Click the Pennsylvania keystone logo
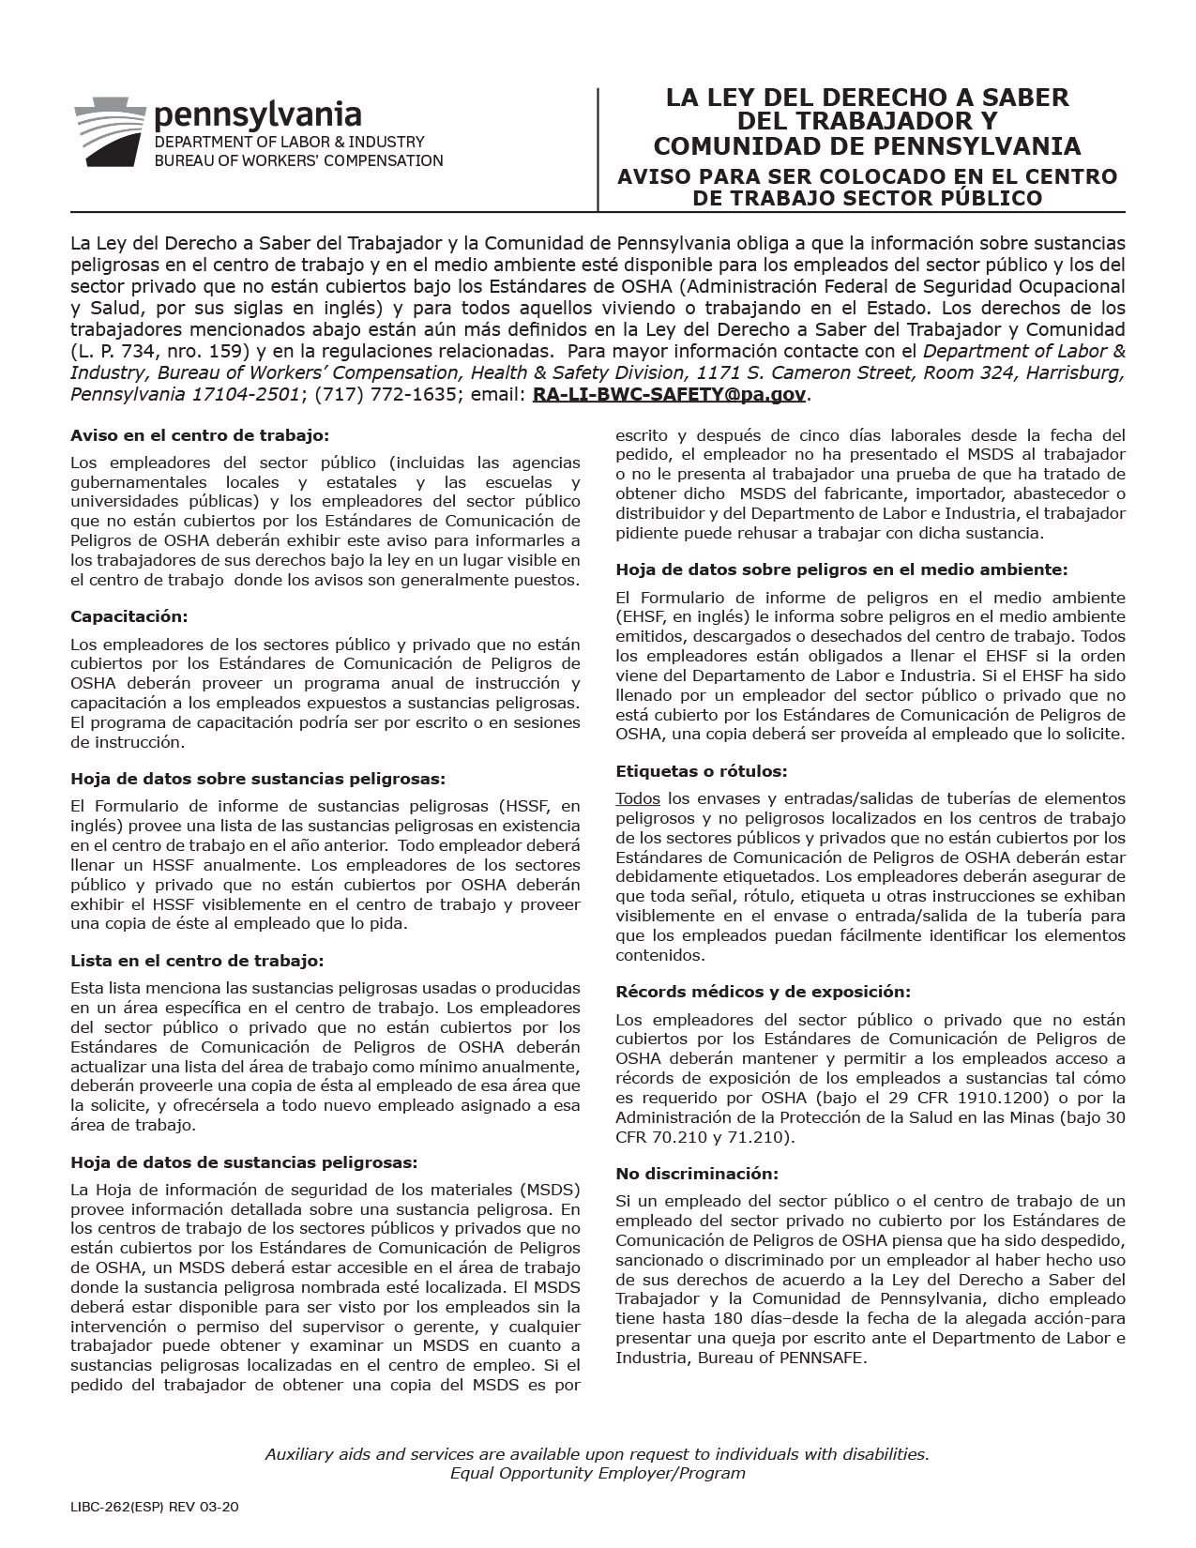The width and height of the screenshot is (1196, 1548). coord(110,132)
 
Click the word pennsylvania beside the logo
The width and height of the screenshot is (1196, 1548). coord(257,116)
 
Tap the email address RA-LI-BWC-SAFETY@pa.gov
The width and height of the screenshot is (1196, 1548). coord(669,395)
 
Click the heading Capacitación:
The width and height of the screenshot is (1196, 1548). coord(129,616)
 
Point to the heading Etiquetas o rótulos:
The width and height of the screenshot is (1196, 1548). coord(701,771)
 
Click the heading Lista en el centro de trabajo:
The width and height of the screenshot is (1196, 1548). coord(197,961)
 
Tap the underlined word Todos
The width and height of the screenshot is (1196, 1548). coord(638,798)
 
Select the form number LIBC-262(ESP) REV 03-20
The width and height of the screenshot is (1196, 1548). coord(155,1508)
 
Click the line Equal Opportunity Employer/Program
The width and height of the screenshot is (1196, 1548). coord(598,1473)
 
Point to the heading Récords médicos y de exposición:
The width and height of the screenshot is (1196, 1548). coord(764,992)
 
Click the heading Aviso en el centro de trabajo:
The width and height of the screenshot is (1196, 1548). coord(200,435)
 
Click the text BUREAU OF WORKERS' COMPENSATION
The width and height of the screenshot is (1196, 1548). coord(298,160)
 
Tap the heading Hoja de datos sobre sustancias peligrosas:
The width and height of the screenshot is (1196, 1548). coord(258,778)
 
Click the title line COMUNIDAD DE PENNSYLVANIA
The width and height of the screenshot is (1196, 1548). coord(867,146)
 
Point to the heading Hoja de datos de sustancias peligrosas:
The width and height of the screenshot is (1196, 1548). coord(244,1162)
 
